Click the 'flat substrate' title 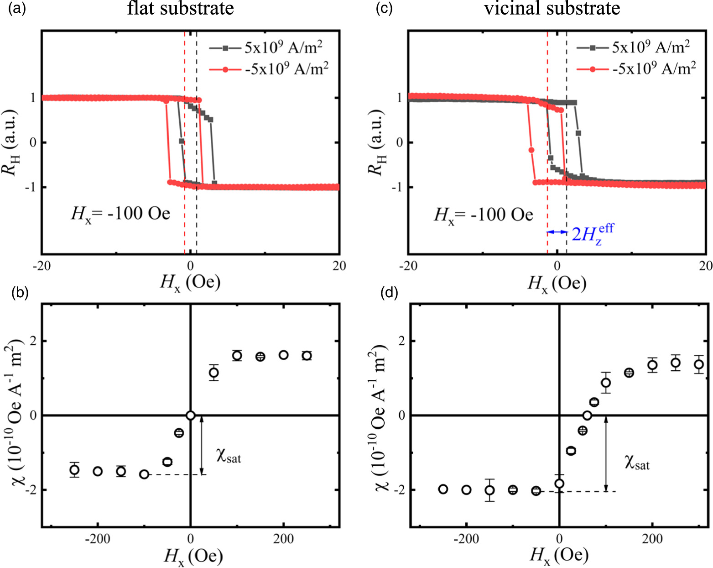180,8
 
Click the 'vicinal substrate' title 552,8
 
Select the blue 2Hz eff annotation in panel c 592,234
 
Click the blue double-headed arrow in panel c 557,232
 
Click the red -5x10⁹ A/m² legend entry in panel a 269,69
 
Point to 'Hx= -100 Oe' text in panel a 121,214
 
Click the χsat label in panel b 228,455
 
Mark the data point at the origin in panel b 191,415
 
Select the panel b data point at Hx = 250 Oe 307,356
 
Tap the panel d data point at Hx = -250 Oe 443,489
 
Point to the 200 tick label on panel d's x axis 652,539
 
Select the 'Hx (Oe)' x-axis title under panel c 557,284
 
